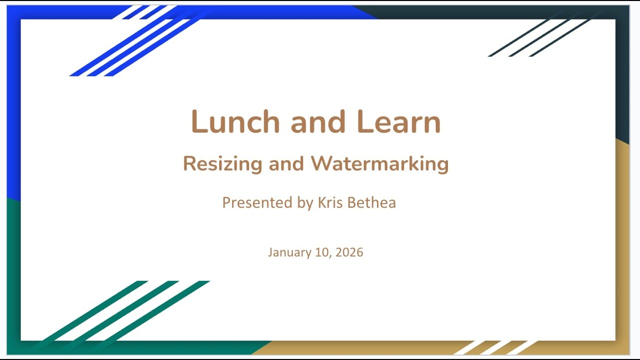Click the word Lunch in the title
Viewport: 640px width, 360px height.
(235, 122)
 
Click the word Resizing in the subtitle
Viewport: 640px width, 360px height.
(222, 164)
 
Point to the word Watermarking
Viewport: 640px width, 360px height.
(379, 164)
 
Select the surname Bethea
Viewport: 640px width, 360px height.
(373, 202)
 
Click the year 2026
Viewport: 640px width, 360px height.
(349, 252)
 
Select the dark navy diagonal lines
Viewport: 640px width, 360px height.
(540, 38)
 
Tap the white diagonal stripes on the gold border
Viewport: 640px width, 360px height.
(495, 347)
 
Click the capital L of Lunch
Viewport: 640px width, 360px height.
(199, 122)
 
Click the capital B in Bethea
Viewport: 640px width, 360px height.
(353, 202)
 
